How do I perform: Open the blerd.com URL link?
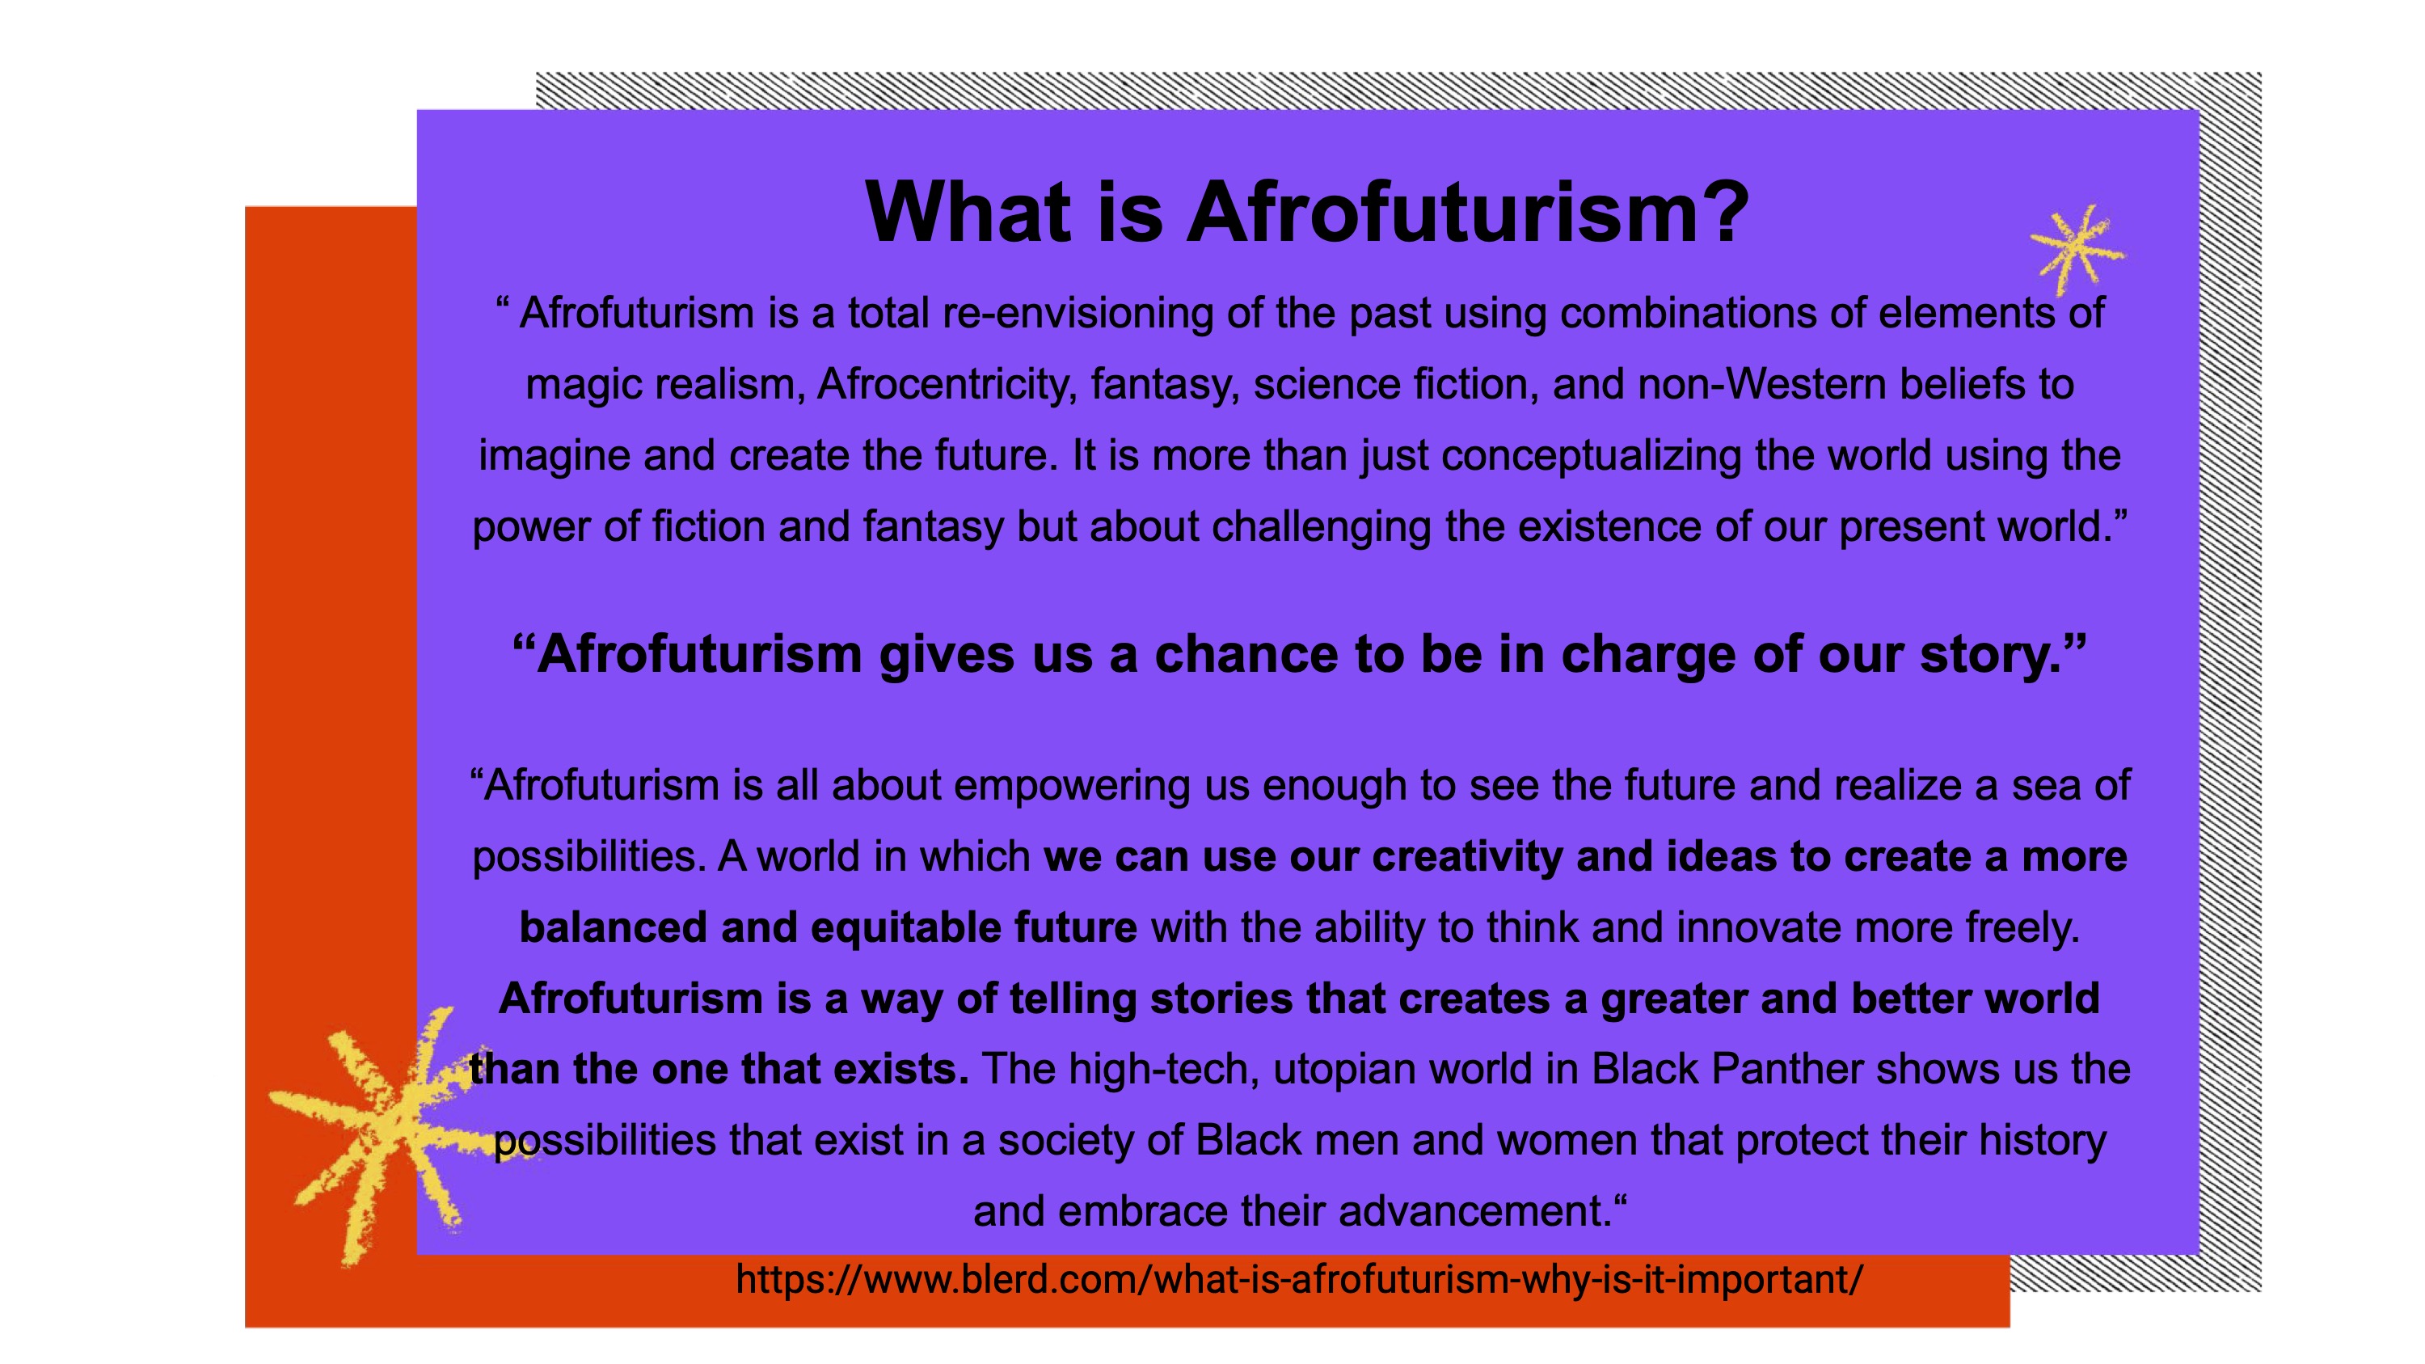coord(1299,1280)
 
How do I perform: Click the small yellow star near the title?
coord(2076,250)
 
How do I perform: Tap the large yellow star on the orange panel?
coord(395,1134)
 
